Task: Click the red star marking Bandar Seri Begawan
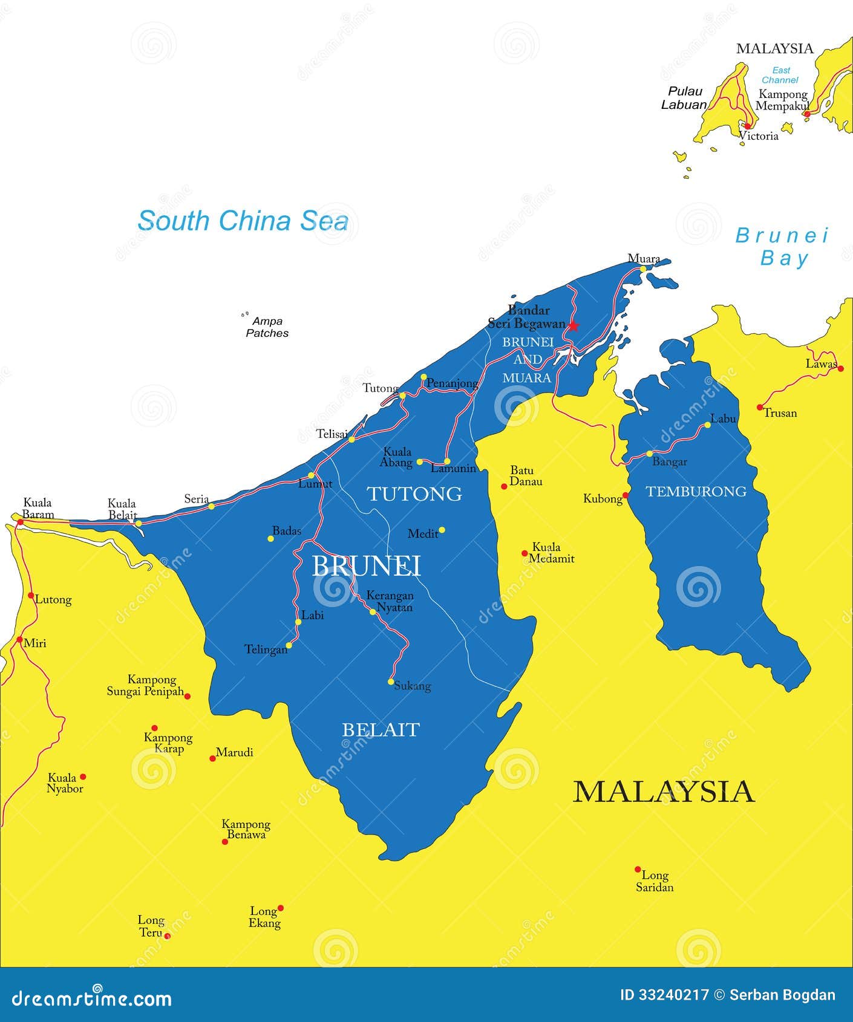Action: point(573,326)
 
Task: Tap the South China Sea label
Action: point(243,221)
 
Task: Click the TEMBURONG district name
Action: point(696,491)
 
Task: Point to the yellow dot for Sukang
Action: point(391,682)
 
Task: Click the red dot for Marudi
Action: point(212,758)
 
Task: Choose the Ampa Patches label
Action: point(267,327)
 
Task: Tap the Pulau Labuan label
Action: point(684,98)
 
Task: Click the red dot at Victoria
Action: point(747,126)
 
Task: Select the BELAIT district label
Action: point(381,730)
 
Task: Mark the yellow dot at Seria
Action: point(211,506)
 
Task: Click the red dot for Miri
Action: point(19,639)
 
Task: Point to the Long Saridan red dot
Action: point(638,870)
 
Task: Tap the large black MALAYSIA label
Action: point(664,792)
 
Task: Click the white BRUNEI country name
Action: point(366,566)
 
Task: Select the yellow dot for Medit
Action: point(442,530)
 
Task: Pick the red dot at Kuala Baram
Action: point(20,521)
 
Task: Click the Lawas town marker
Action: point(840,368)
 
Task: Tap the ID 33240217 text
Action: point(664,995)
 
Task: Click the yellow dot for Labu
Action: point(707,425)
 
